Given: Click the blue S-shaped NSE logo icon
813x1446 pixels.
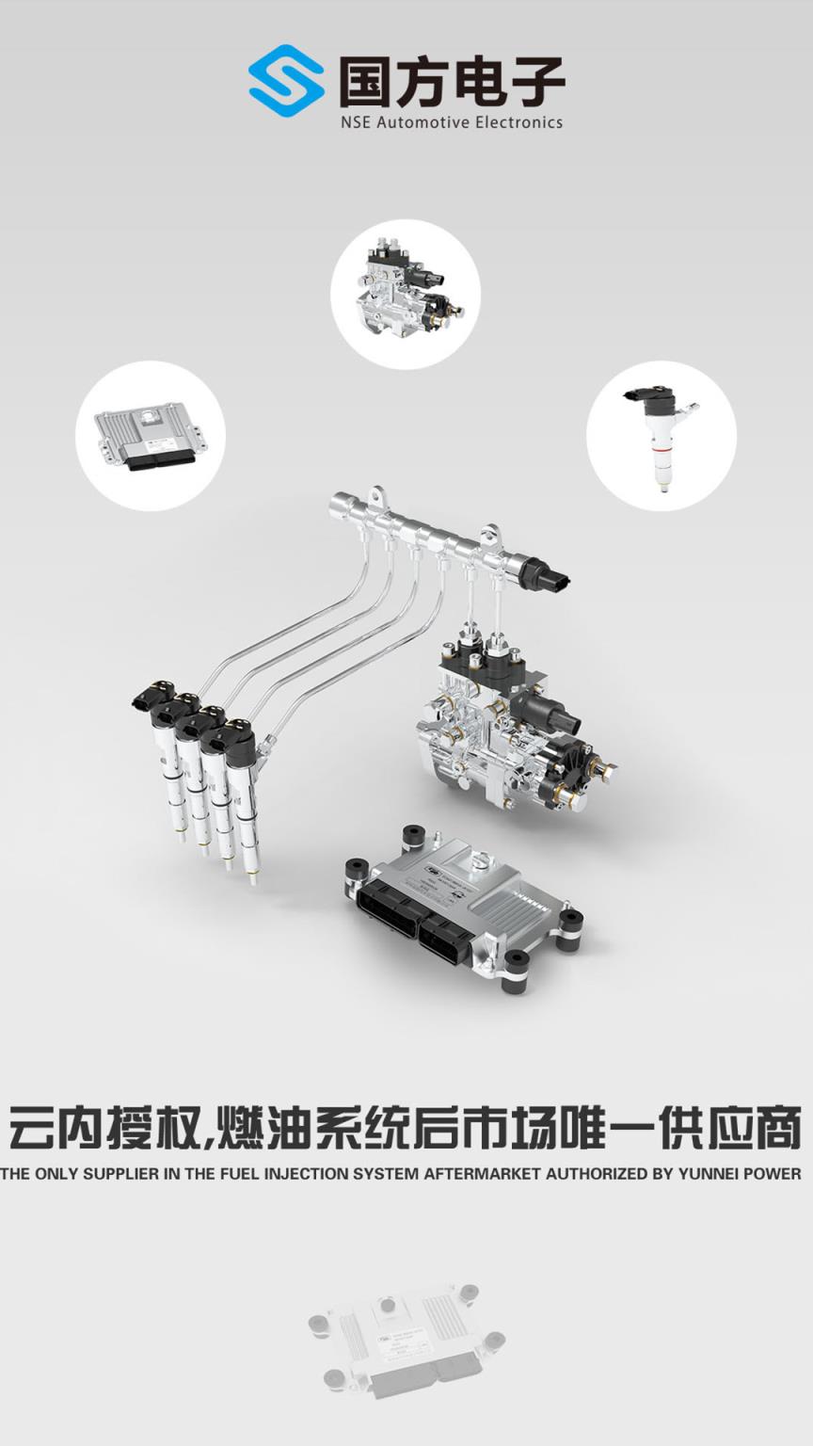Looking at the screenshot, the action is [286, 81].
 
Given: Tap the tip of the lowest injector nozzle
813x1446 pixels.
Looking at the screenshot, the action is [251, 881].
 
